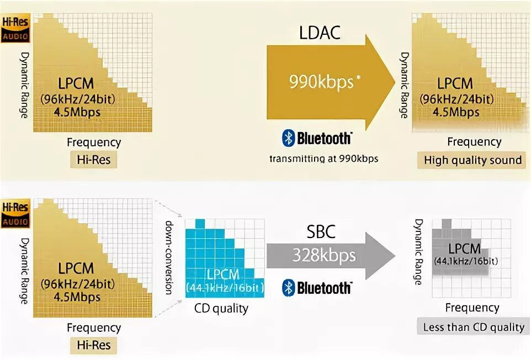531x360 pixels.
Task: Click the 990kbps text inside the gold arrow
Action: click(x=321, y=82)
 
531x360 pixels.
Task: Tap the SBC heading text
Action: click(x=320, y=231)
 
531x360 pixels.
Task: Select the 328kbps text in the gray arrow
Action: click(x=324, y=256)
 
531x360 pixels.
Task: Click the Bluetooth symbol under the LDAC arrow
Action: click(x=288, y=138)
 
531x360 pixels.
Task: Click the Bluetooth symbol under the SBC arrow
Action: click(x=288, y=287)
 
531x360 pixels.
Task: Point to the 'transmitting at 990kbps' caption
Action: click(x=323, y=159)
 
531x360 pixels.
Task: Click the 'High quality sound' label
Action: click(x=472, y=160)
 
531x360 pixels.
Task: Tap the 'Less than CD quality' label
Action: click(x=474, y=327)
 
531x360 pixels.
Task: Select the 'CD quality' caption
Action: click(x=221, y=308)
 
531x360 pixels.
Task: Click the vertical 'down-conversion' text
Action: click(x=169, y=257)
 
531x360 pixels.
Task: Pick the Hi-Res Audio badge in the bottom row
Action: click(x=15, y=214)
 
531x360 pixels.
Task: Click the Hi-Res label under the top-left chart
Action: click(x=93, y=160)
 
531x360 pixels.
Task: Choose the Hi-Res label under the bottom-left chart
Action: click(x=93, y=346)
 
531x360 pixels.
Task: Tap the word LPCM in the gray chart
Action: click(x=464, y=248)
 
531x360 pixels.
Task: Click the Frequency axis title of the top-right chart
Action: click(x=474, y=141)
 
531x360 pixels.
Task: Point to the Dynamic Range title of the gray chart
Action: click(x=418, y=252)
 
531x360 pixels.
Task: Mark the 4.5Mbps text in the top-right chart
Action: click(x=455, y=112)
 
